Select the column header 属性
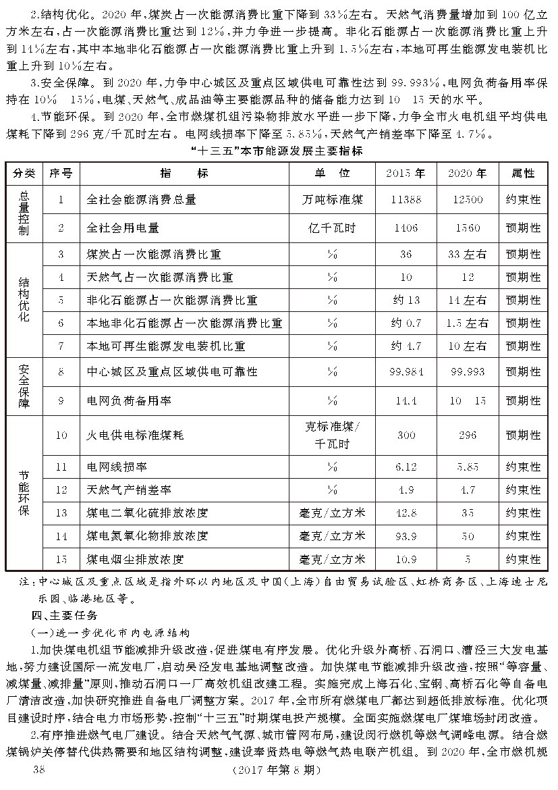[x=522, y=173]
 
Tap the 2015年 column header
[x=406, y=173]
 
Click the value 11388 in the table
[x=406, y=200]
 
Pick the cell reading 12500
[x=467, y=200]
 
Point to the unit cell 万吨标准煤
[x=333, y=200]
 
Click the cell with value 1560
[x=467, y=228]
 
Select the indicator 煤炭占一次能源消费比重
[x=154, y=255]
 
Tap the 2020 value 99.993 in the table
[x=467, y=372]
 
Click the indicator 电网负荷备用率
[x=128, y=400]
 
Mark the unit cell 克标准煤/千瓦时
[x=333, y=435]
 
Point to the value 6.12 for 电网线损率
[x=406, y=467]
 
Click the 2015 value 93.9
[x=406, y=536]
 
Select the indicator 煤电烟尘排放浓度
[x=136, y=560]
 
